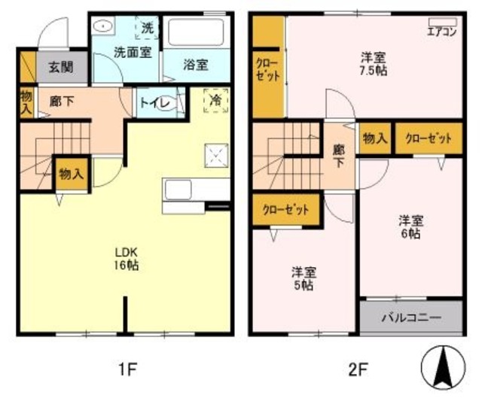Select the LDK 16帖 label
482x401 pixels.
pyautogui.click(x=126, y=258)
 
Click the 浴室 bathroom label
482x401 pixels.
pyautogui.click(x=195, y=65)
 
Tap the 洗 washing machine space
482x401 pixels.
pyautogui.click(x=148, y=29)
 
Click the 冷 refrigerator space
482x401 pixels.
pyautogui.click(x=215, y=99)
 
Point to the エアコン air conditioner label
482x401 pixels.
pyautogui.click(x=441, y=32)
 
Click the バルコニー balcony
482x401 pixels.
pyautogui.click(x=410, y=317)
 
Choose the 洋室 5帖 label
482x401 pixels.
pyautogui.click(x=304, y=278)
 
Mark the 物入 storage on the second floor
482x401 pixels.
pyautogui.click(x=374, y=138)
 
